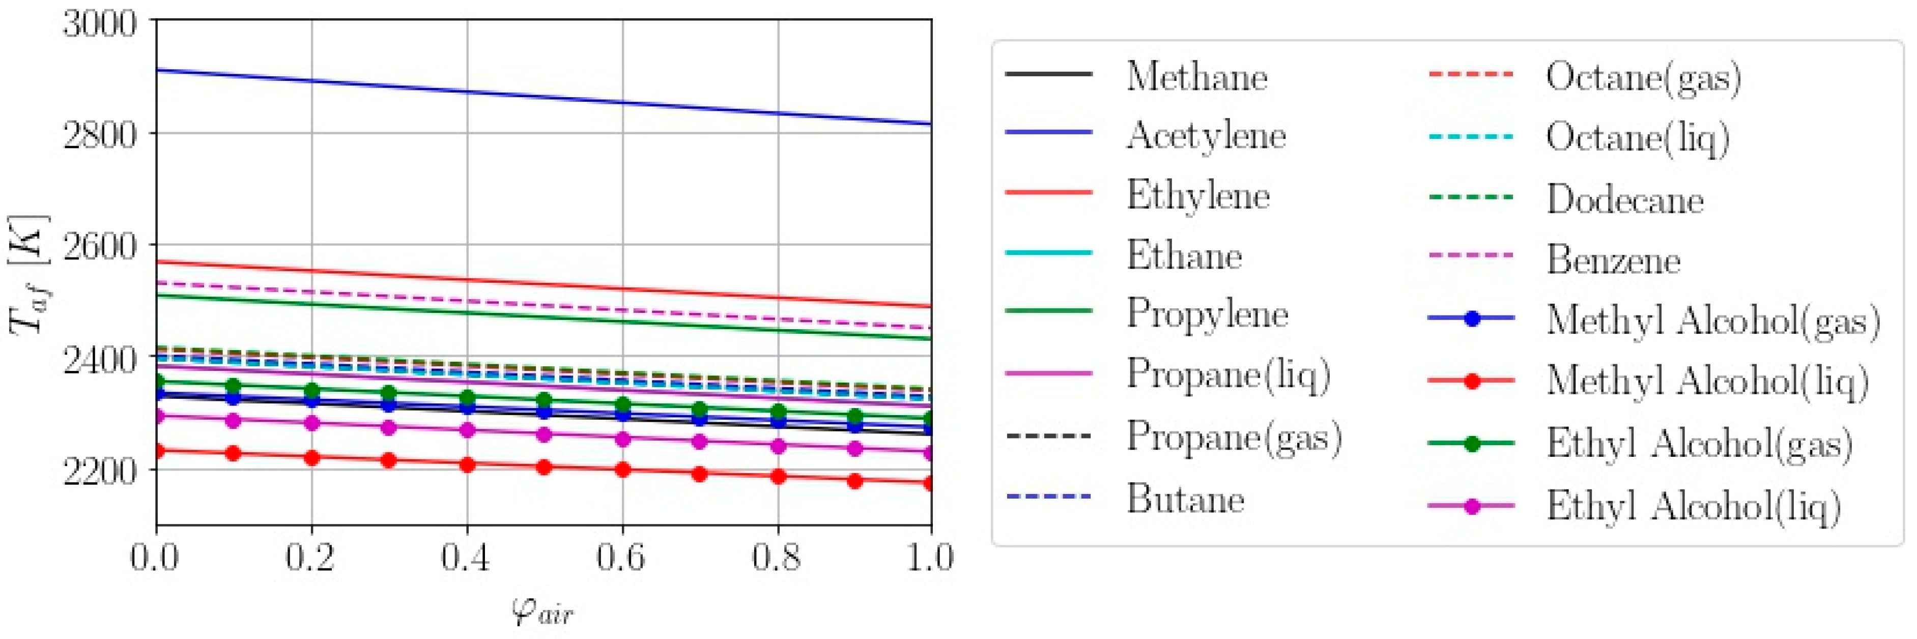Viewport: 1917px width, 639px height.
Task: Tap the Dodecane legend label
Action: pos(1624,199)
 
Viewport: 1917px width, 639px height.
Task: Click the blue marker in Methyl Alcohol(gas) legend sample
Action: pos(1471,318)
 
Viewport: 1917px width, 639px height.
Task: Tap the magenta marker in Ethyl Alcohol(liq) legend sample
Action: pos(1471,507)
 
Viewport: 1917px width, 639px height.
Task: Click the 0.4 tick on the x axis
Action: pos(466,557)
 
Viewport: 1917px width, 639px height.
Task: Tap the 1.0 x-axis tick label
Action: pos(929,557)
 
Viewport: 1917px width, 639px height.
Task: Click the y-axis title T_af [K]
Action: pos(28,274)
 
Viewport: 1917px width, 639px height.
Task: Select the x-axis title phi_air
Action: pos(542,612)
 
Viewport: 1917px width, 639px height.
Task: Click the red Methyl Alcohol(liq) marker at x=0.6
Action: pos(623,470)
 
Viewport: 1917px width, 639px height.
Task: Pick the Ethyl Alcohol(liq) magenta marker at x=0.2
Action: pos(312,423)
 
